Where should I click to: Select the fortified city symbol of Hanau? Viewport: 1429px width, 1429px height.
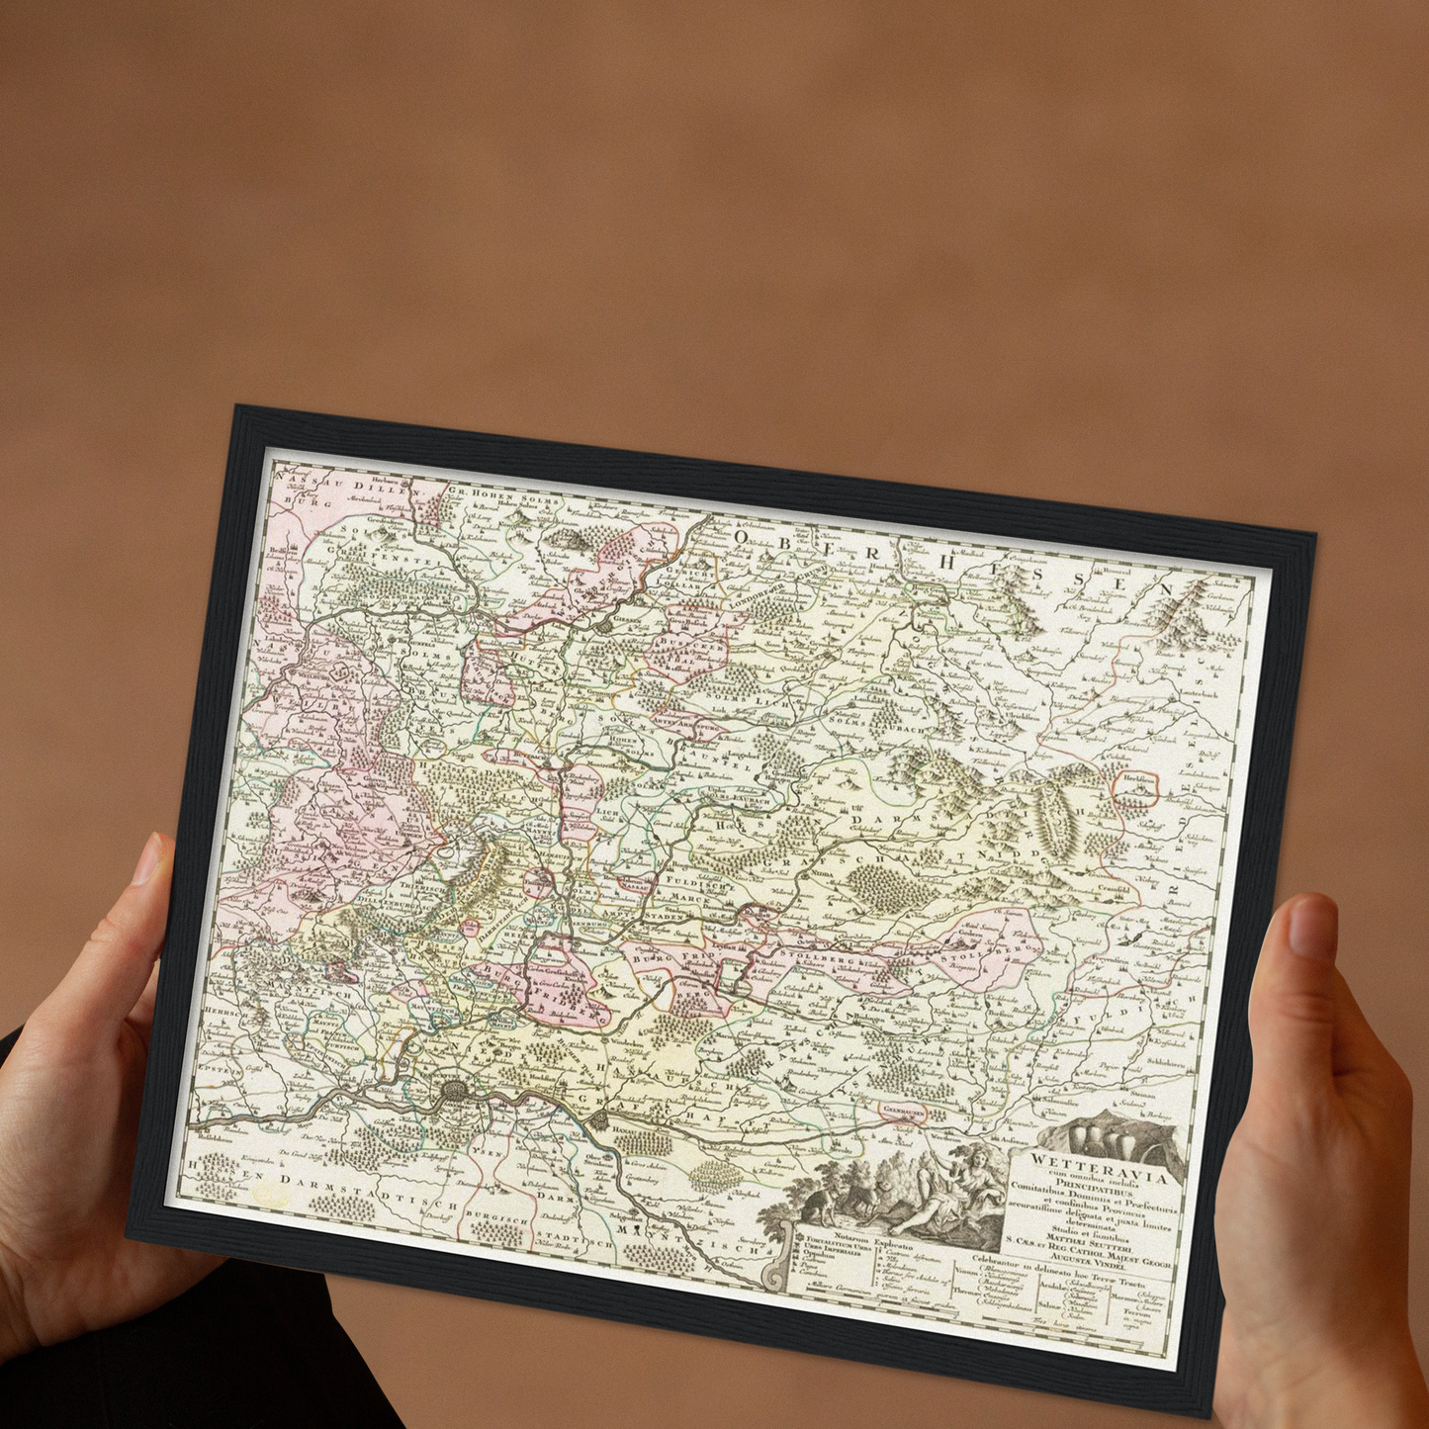601,1119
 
